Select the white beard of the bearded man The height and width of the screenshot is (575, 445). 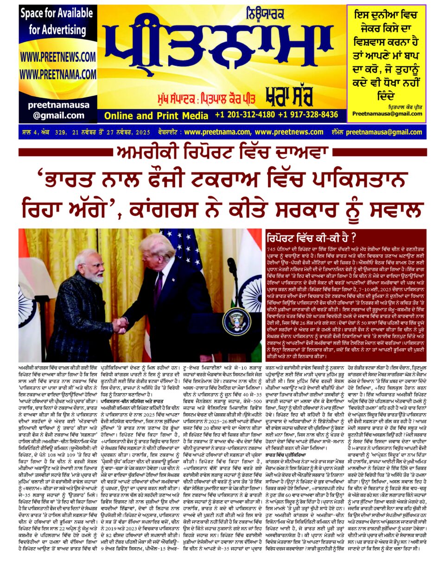coord(98,280)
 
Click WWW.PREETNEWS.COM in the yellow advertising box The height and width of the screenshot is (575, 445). coord(58,57)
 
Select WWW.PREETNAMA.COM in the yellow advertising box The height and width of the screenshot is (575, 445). coord(58,74)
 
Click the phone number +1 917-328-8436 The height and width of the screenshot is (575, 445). coord(308,115)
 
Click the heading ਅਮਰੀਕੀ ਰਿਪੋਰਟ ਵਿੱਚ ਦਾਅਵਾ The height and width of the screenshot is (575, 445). coord(222,153)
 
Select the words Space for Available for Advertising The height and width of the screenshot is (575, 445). coord(57,22)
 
